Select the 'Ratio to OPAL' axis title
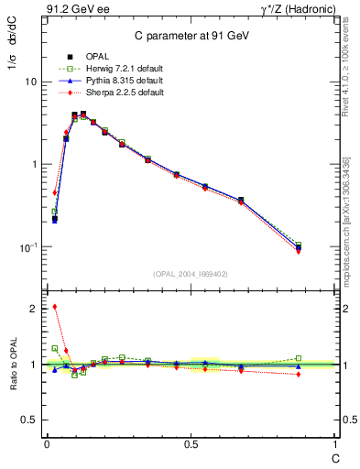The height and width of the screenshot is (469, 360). tap(14, 365)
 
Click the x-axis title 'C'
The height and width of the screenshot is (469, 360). tap(334, 455)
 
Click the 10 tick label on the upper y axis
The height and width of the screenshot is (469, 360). tap(31, 82)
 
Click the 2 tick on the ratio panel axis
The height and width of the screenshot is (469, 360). tap(35, 309)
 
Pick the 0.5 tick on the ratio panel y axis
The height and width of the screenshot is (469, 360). tap(30, 420)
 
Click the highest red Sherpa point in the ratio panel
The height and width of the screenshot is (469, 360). tap(55, 306)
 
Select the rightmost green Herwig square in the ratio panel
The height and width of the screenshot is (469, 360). tap(299, 358)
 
